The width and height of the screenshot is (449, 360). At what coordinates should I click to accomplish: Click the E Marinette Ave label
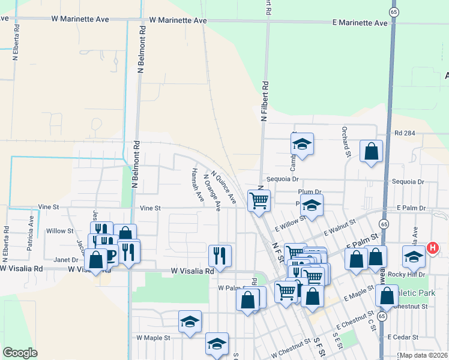tap(360, 22)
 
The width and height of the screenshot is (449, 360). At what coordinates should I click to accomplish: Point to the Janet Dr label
tap(66, 260)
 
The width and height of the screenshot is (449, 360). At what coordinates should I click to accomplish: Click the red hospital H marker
tap(432, 247)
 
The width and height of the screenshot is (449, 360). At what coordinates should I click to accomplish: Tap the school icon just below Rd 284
tap(303, 144)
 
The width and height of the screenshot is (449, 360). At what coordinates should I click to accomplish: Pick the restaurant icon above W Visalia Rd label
tap(220, 255)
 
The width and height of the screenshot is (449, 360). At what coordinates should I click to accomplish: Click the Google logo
tap(20, 353)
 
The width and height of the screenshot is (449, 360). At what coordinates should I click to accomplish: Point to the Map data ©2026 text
tap(423, 355)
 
